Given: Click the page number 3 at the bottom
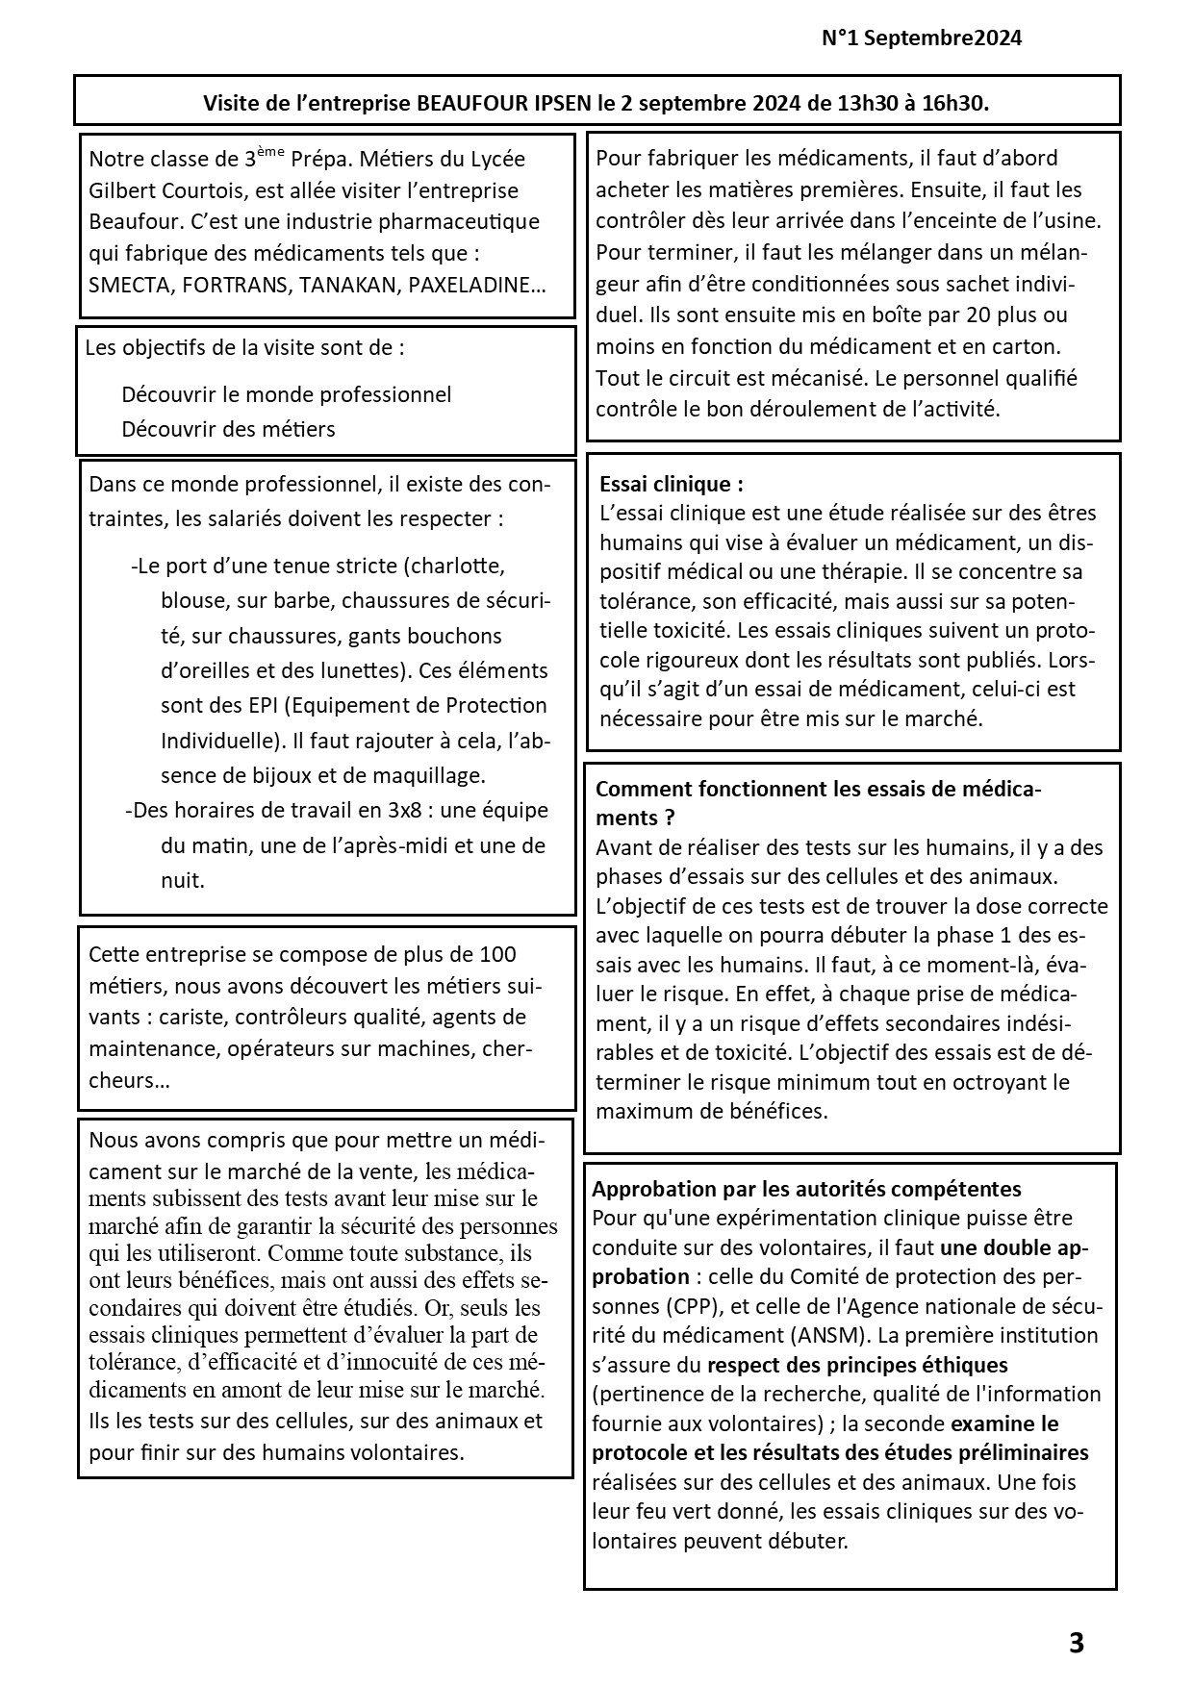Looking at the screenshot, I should pyautogui.click(x=1077, y=1643).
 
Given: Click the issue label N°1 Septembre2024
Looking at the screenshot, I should pyautogui.click(x=922, y=38).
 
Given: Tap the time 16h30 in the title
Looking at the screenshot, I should pyautogui.click(x=953, y=103).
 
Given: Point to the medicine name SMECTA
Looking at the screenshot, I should pyautogui.click(x=126, y=286).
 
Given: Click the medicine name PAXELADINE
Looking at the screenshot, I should pyautogui.click(x=469, y=286).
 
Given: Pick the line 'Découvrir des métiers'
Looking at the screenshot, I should pyautogui.click(x=228, y=429).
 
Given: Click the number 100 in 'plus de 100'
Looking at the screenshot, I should pyautogui.click(x=497, y=954).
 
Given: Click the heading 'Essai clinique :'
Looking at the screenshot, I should pyautogui.click(x=671, y=484).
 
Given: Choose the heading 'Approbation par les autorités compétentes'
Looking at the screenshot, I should pyautogui.click(x=806, y=1189).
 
